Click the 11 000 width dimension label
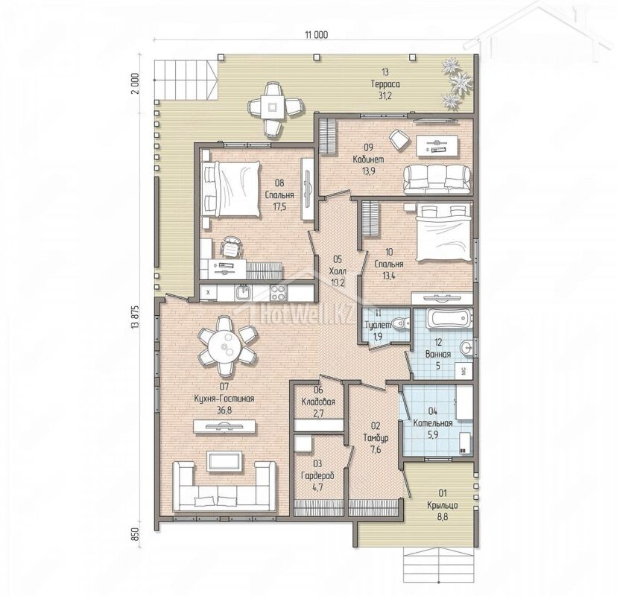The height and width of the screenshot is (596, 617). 316,35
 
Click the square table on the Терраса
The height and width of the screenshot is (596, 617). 272,107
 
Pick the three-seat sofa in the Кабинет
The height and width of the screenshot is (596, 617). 437,180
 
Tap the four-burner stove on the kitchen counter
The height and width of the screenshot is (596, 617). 278,293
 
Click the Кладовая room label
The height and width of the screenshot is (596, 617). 318,402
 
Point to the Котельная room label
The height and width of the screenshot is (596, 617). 432,423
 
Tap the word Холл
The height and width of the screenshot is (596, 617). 338,271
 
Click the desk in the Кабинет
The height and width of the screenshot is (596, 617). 437,145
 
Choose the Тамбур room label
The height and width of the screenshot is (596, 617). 376,437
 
